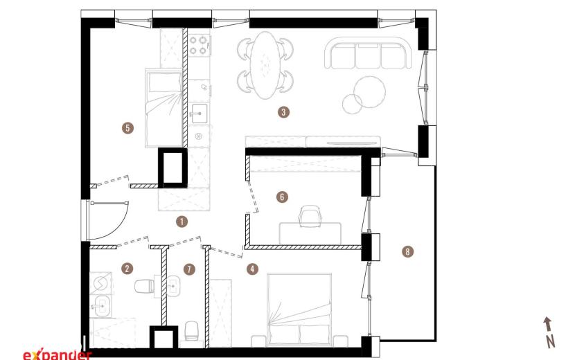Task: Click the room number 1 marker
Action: pos(182,222)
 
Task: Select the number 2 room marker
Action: pos(127,269)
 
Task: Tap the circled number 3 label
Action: pos(283,112)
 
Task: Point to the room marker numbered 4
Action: pos(252,269)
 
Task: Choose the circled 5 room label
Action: pos(127,128)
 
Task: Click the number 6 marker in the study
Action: pos(282,197)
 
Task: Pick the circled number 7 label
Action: pos(189,269)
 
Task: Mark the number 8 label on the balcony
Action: pos(407,251)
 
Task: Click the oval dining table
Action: pos(265,65)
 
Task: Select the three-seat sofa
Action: pos(368,53)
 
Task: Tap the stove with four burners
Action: pos(198,45)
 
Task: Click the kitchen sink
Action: pos(199,113)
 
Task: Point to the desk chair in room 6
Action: pos(310,215)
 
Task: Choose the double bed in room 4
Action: pos(299,309)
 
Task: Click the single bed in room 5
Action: pos(164,108)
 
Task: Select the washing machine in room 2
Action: pos(100,282)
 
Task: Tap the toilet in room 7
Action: pos(192,331)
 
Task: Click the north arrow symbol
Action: pos(549,332)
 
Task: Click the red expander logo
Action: pos(57,354)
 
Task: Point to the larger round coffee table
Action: pos(370,91)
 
